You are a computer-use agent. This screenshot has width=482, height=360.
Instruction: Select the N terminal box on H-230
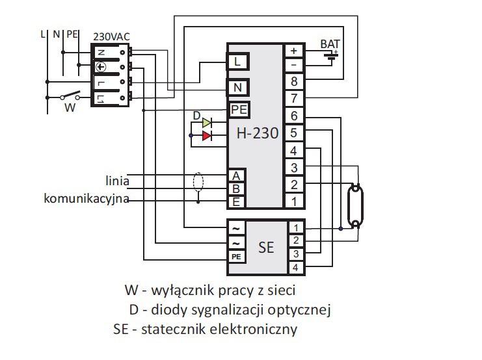click(x=237, y=86)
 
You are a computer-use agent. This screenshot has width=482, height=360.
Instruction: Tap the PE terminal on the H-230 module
click(x=239, y=110)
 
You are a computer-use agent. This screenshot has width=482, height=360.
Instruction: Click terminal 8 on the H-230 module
click(x=294, y=82)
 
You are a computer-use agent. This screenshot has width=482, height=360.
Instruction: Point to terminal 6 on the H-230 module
click(x=294, y=116)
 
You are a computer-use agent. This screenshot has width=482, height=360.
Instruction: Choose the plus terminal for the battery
click(x=294, y=50)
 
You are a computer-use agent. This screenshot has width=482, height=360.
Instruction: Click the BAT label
click(x=330, y=44)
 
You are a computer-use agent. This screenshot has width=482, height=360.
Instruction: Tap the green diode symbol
click(x=206, y=122)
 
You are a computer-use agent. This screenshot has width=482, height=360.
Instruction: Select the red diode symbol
click(x=206, y=136)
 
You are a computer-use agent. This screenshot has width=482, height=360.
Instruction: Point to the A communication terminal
click(x=236, y=176)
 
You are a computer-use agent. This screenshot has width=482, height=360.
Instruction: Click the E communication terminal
click(x=236, y=201)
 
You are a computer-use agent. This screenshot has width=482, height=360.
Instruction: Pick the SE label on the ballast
click(x=265, y=248)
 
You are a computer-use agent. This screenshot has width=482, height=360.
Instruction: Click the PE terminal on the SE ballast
click(x=236, y=257)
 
